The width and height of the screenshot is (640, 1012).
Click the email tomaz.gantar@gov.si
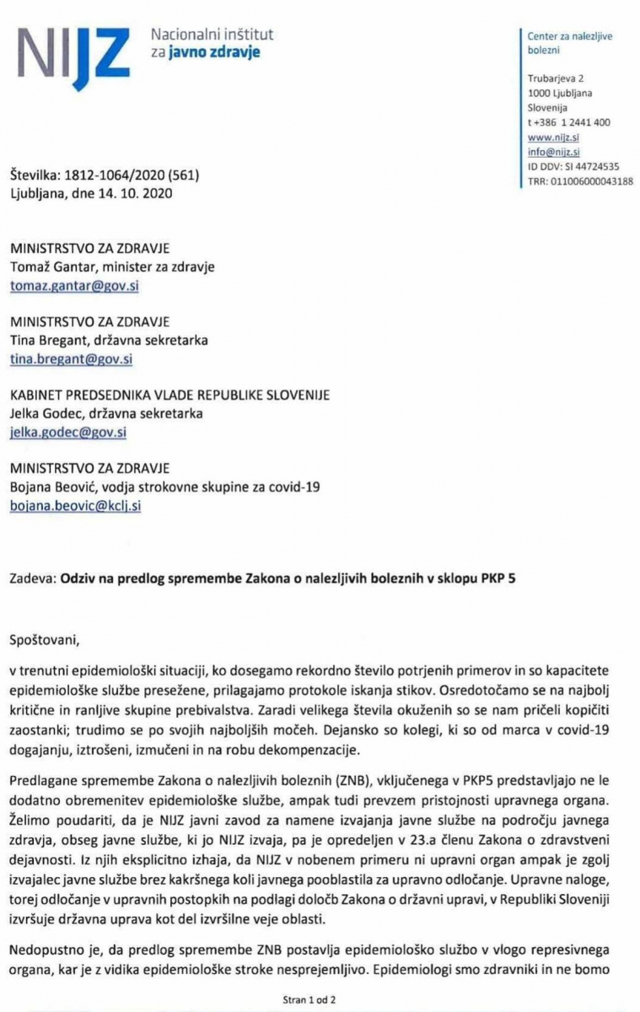(x=68, y=286)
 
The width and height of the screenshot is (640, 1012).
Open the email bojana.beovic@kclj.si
(x=74, y=505)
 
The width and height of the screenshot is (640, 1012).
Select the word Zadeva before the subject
(x=34, y=580)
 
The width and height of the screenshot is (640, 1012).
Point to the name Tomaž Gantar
(x=49, y=267)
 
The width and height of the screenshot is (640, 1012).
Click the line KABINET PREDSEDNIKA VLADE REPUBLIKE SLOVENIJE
(x=169, y=395)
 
